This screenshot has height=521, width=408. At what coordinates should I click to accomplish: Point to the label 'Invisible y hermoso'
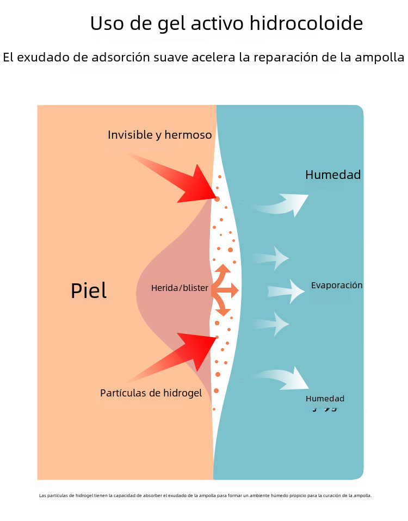[159, 135]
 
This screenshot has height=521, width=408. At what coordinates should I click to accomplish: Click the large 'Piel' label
[89, 291]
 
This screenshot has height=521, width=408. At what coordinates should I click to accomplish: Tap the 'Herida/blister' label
[180, 288]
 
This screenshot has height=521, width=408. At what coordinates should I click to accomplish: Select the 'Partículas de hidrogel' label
[151, 393]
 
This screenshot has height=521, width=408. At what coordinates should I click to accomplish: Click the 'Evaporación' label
[337, 285]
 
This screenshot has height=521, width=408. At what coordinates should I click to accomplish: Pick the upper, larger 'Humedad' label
[333, 175]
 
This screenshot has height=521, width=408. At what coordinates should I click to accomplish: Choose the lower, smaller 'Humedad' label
[325, 399]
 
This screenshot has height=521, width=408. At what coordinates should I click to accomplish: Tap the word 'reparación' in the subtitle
[287, 57]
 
